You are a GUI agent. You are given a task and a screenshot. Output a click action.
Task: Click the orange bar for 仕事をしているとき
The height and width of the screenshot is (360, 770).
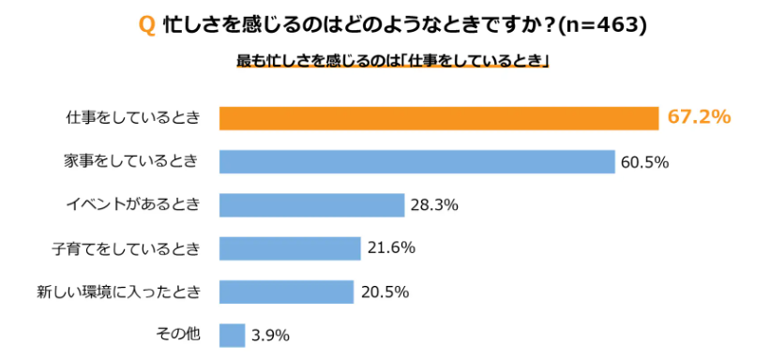tap(439, 118)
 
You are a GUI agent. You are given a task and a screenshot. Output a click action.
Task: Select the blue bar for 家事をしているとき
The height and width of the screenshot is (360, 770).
tap(416, 161)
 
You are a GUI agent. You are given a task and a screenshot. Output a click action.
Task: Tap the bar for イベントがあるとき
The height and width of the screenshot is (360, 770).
tap(311, 204)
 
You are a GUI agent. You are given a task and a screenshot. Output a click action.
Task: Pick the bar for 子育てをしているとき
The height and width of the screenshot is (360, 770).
tap(290, 248)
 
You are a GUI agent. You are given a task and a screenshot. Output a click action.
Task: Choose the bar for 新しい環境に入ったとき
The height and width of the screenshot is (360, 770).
tap(286, 292)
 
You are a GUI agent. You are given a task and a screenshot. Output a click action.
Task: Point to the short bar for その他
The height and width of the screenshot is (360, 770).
tap(232, 335)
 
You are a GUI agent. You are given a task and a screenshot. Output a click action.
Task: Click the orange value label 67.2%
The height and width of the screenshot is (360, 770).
tap(699, 117)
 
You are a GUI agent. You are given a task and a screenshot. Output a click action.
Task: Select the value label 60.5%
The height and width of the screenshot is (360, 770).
tap(643, 162)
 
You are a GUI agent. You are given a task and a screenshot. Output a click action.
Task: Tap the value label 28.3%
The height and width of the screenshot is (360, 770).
tap(433, 205)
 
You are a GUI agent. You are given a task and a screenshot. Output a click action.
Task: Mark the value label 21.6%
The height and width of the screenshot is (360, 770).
tap(390, 248)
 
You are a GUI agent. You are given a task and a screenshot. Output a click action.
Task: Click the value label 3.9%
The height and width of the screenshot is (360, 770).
tap(270, 335)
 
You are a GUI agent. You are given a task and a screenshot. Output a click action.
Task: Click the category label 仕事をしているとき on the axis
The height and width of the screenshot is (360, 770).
tap(133, 118)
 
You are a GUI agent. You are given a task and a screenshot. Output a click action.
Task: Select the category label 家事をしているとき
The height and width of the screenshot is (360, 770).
tap(132, 161)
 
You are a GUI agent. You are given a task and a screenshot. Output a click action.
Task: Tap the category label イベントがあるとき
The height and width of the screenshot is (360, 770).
tap(132, 204)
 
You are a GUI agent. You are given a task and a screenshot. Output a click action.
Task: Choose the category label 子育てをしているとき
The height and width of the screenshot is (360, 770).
tap(126, 248)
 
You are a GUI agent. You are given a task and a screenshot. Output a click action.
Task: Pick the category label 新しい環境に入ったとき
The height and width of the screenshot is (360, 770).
tap(119, 292)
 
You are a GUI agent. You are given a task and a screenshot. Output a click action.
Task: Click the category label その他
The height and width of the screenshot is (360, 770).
tap(178, 335)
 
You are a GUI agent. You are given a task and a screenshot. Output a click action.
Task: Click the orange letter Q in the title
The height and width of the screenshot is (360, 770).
tap(146, 26)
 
